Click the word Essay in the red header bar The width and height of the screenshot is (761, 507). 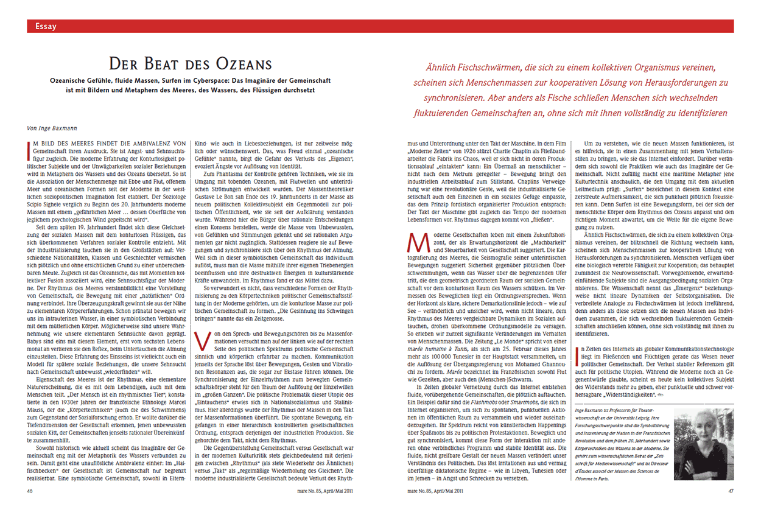[46, 26]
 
